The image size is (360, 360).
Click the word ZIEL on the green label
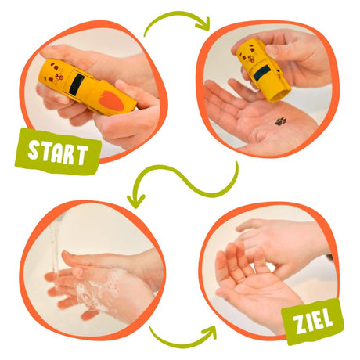click(313, 322)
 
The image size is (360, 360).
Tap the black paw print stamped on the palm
click(280, 121)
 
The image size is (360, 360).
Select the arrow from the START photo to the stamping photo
click(175, 14)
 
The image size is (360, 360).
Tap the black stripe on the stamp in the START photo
click(76, 85)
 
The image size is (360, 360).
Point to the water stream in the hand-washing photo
click(55, 248)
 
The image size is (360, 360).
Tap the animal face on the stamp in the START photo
click(56, 72)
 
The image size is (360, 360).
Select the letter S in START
click(34, 150)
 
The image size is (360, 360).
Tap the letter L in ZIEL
click(328, 318)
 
